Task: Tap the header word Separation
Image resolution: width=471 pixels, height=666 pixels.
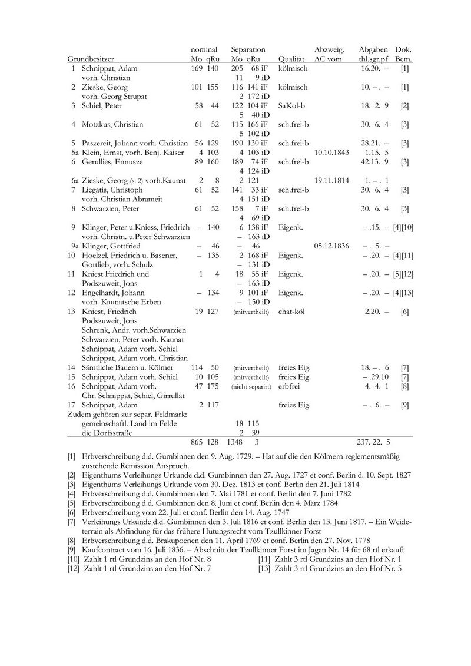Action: (248, 51)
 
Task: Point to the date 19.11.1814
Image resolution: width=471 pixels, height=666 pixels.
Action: (333, 179)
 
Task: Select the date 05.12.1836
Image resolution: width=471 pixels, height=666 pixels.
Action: (333, 246)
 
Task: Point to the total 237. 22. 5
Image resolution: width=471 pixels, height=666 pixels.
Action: (374, 441)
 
